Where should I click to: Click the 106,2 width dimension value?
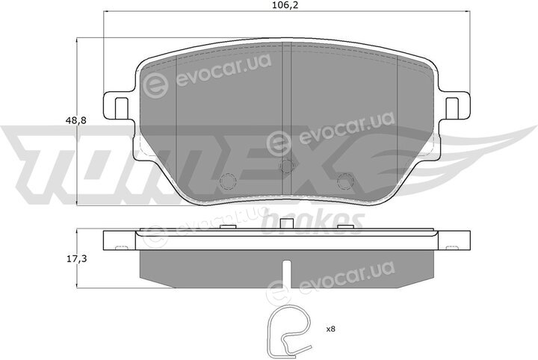pos(282,6)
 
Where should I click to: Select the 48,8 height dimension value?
pos(75,120)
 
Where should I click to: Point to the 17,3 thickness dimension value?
pos(76,259)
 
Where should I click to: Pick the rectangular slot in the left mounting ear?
pos(120,108)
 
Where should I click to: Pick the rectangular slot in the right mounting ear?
pos(452,108)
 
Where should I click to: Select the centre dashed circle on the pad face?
pos(286,167)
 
